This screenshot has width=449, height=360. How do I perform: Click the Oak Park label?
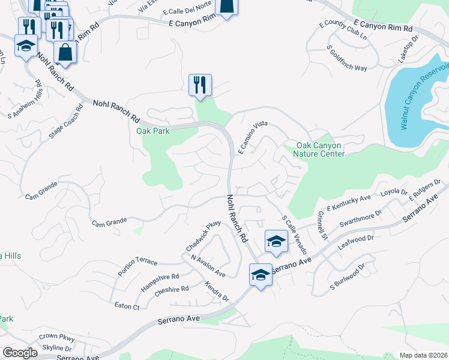[153, 131]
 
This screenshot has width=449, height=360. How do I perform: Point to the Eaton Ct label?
[127, 306]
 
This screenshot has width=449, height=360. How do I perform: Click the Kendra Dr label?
[217, 291]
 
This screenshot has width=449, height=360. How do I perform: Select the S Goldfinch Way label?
[347, 58]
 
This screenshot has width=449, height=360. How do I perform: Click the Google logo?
[20, 353]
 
